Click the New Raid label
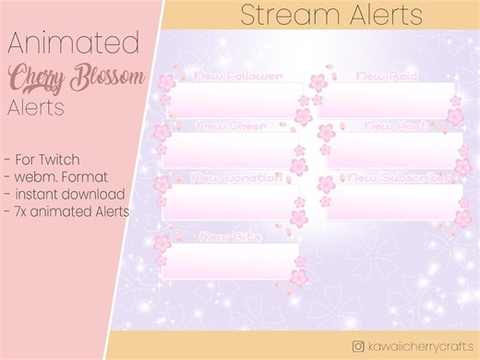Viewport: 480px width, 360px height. coord(378,76)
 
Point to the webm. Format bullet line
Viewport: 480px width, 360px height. coord(57,175)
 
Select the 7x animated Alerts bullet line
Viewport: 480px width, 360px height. coord(66,211)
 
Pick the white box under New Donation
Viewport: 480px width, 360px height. coord(231,202)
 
